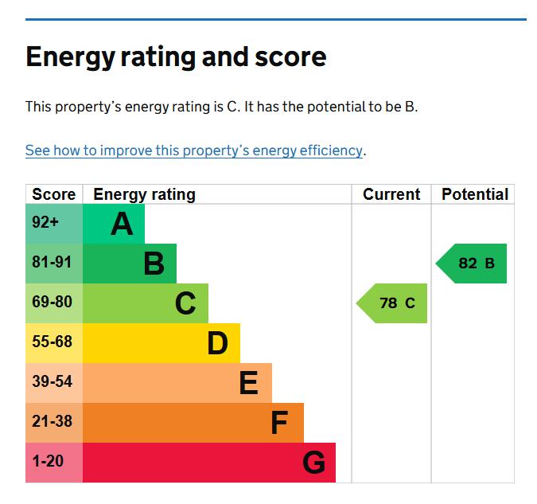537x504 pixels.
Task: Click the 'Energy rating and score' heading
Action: pos(176,57)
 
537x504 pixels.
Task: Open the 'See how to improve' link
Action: pos(194,150)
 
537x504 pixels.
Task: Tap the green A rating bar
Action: pos(114,224)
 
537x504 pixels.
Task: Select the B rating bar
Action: pos(130,264)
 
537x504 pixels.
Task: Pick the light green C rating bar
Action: pos(146,303)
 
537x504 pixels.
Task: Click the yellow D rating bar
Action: pos(161,343)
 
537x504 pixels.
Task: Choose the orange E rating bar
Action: pos(177,383)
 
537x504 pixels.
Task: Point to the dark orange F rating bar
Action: pos(193,423)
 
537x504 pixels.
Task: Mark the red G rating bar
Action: pos(209,463)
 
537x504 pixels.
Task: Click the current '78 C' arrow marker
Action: pos(393,303)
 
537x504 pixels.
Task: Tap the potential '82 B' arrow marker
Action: pos(473,264)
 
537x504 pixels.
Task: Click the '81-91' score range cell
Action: pos(53,263)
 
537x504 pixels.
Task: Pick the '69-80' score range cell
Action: pos(53,303)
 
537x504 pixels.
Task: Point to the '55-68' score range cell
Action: pos(53,342)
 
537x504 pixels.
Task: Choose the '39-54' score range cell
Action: pos(53,382)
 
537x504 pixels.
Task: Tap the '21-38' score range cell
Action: pos(53,422)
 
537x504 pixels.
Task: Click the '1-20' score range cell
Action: pos(53,462)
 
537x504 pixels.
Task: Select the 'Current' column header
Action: pos(391,194)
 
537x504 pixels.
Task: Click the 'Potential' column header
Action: pos(475,194)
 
